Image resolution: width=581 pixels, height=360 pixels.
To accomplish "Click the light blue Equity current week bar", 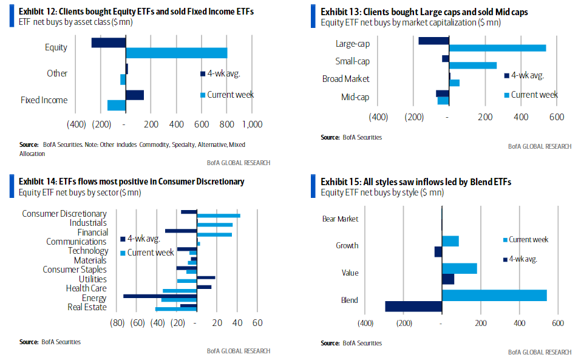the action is pos(177,53).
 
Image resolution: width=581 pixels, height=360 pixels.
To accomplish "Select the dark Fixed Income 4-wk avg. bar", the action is pos(135,95).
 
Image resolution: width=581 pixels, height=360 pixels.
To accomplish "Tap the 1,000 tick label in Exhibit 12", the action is pos(253,124).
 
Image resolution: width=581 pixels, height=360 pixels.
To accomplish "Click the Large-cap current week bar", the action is pos(498,48).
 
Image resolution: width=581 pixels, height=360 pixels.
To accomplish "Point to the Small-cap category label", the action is pos(352,61).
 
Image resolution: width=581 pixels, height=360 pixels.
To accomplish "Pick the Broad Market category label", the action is pos(345,79).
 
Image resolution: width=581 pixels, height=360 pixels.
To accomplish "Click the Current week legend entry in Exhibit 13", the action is pos(531,95).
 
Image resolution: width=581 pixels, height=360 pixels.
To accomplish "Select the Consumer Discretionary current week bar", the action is pos(219,216).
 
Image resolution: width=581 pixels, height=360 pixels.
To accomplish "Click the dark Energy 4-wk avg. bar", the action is pos(160,296).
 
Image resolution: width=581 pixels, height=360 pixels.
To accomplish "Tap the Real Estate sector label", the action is pos(87,307).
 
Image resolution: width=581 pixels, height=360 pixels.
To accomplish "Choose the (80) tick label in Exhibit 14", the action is pos(117,323).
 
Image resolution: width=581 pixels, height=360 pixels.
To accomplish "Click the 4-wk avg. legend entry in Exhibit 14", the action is pos(140,239).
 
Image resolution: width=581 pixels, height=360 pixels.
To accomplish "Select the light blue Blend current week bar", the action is pos(495,296).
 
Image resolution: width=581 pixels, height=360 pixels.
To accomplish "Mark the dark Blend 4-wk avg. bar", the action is pos(414,307).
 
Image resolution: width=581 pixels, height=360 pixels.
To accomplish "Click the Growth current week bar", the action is pos(450,241).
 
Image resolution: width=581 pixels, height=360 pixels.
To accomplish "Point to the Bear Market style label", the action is pos(340,219).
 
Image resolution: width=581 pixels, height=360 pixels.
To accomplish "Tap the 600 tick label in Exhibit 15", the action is pos(558,324).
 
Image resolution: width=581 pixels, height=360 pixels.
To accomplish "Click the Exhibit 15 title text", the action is pos(416,182).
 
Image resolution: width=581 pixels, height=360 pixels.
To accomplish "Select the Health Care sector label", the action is pos(86,288).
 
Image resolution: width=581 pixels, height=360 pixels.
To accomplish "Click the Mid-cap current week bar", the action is pos(443,101).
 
